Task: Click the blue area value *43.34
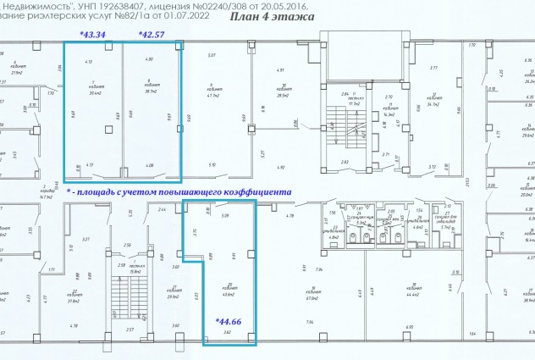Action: click(x=92, y=34)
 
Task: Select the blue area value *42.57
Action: click(x=152, y=34)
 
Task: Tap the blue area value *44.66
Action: click(x=229, y=321)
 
